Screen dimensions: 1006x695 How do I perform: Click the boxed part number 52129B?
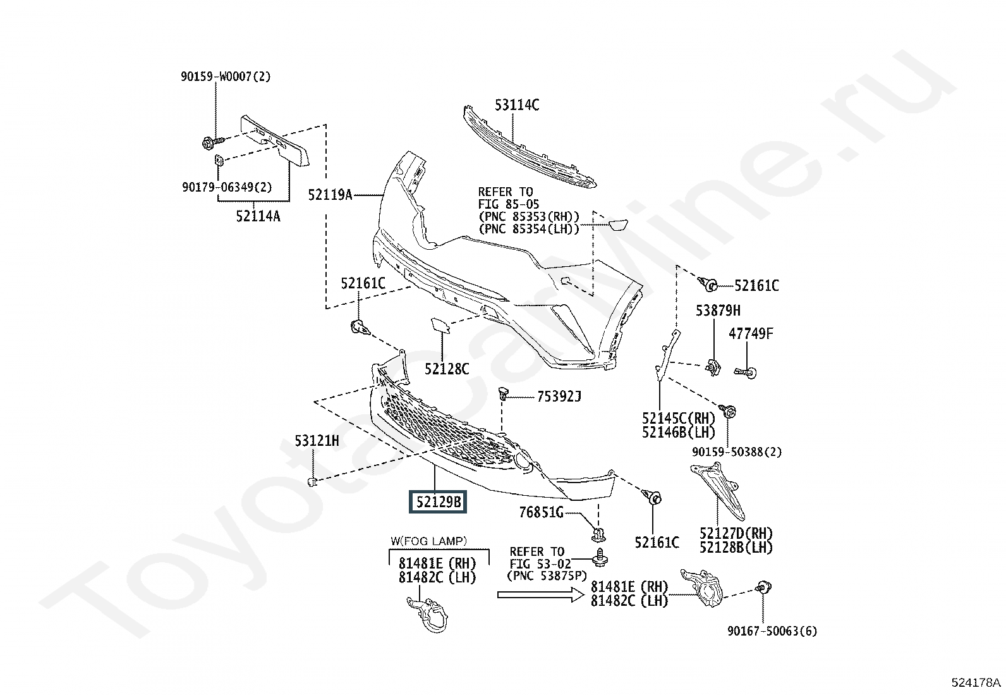tap(438, 501)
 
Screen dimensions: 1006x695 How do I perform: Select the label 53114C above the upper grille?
tap(517, 105)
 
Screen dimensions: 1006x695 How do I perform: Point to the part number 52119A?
tap(330, 195)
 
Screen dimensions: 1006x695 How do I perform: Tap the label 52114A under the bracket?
tap(258, 217)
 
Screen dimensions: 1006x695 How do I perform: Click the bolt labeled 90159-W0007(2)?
tap(212, 142)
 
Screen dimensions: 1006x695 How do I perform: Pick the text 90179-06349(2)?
tap(227, 187)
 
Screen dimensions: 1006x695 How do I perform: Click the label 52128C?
tap(447, 369)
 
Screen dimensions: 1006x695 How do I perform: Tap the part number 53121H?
tap(317, 441)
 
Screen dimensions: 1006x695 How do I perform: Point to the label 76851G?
tap(541, 512)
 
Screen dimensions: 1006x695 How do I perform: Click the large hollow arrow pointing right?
tap(541, 594)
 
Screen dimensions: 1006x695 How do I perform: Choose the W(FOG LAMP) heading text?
tap(428, 541)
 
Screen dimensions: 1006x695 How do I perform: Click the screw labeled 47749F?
tap(746, 372)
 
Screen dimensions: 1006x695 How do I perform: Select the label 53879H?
tap(718, 311)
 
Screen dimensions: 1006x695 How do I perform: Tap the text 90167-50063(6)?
tap(772, 631)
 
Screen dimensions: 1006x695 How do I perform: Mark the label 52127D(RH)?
tap(736, 534)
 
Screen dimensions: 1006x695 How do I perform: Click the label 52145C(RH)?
tap(679, 419)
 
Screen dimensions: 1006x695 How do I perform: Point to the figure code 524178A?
tap(976, 682)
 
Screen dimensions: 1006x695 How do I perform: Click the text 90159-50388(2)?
tap(737, 452)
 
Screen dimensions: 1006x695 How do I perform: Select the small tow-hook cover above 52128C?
tap(440, 326)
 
